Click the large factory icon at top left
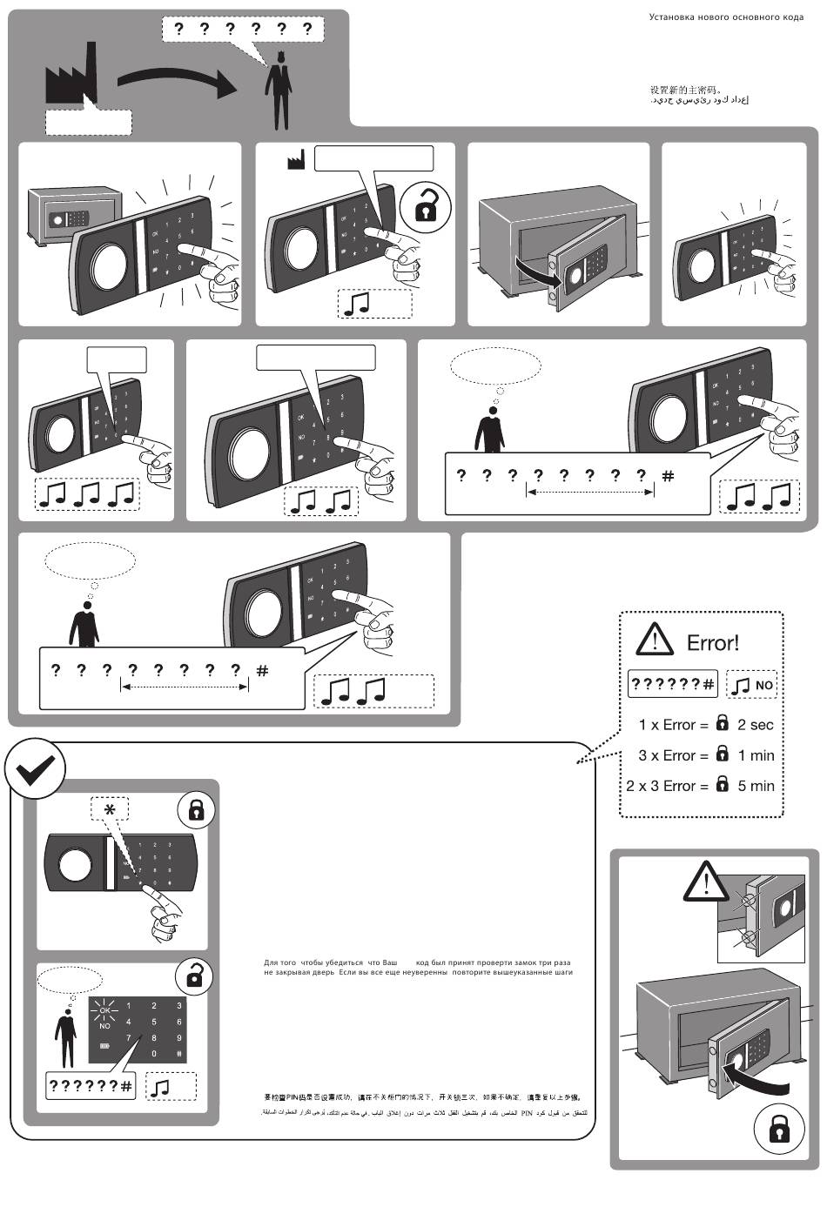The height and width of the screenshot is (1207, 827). (70, 78)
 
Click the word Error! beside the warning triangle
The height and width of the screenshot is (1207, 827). (713, 643)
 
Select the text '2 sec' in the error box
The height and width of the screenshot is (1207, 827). (755, 725)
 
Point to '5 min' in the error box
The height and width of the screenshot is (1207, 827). (756, 786)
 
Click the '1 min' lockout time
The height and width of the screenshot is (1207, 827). (756, 755)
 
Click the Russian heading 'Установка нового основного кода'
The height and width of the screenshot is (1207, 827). (726, 17)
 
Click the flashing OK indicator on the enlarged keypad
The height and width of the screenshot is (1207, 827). (105, 1009)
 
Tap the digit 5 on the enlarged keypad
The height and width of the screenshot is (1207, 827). (154, 1022)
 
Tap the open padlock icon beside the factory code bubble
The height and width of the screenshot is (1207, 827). (426, 205)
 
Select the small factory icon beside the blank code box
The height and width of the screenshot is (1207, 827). (296, 160)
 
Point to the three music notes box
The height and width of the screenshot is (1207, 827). (86, 494)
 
